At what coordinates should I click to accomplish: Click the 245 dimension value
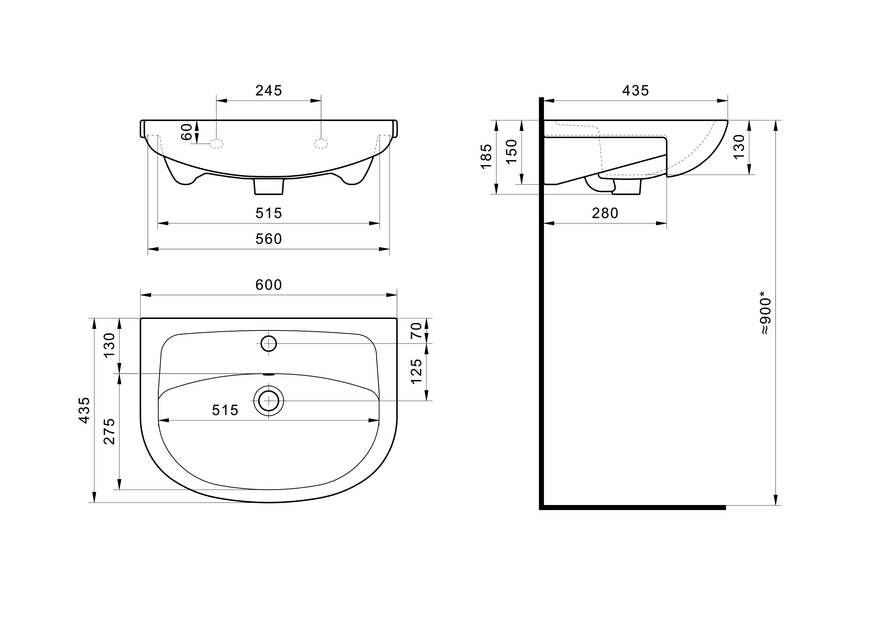click(x=269, y=91)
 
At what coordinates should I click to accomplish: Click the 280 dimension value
click(x=605, y=213)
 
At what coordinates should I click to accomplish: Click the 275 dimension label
click(x=110, y=431)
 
